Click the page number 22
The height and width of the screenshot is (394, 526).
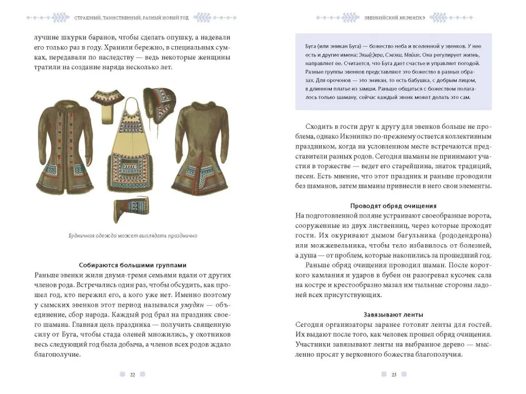point(133,374)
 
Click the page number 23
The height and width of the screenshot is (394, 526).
point(394,374)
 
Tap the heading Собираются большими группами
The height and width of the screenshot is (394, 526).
point(133,265)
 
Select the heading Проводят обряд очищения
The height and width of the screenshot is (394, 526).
point(393,205)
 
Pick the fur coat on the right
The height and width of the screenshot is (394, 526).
point(203,147)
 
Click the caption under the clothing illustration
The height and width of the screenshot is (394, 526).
point(133,236)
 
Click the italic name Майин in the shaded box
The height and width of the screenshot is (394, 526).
point(402,55)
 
